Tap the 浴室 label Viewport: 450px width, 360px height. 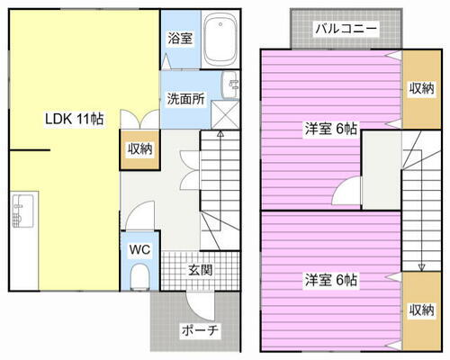tap(180, 38)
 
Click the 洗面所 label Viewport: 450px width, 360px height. tap(184, 99)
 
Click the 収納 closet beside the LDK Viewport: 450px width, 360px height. tap(138, 150)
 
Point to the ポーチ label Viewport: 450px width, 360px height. tap(201, 330)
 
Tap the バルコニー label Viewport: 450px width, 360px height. tap(345, 28)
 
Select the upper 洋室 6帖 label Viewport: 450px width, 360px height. tap(330, 130)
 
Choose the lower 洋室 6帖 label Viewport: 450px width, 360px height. tap(330, 280)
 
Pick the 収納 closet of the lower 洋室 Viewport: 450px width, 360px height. tap(420, 310)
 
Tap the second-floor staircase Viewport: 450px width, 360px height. tap(419, 202)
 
